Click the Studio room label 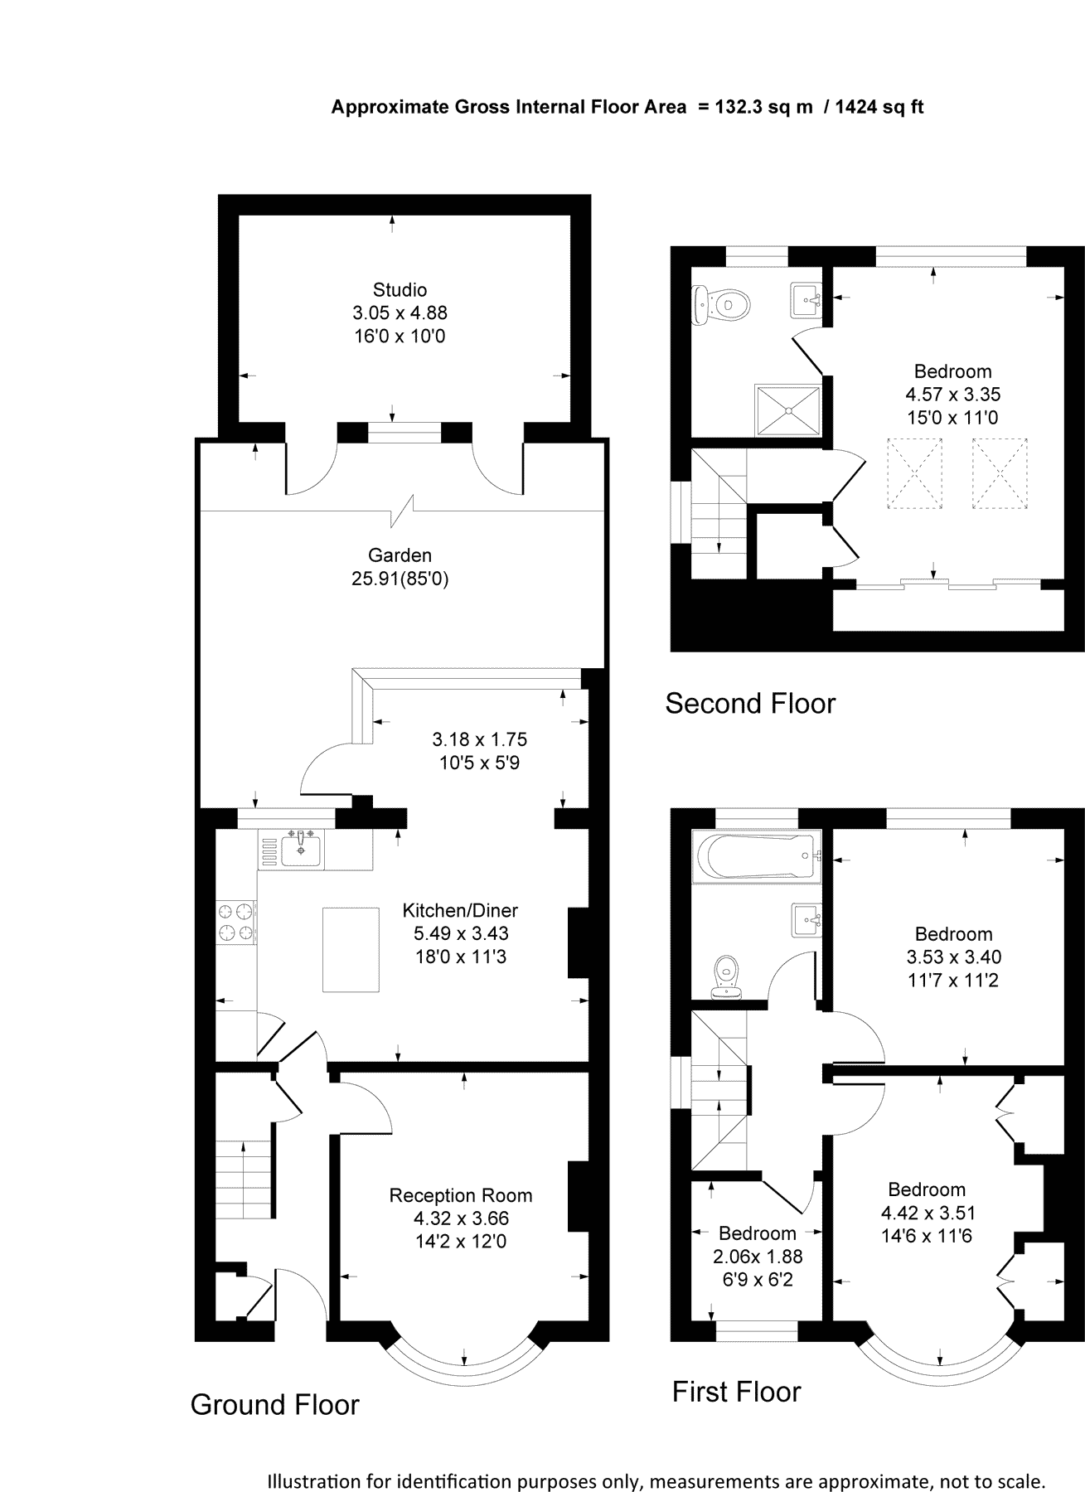pyautogui.click(x=400, y=290)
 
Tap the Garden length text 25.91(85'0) pyautogui.click(x=400, y=579)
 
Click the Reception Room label pyautogui.click(x=461, y=1195)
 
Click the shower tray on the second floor pyautogui.click(x=787, y=409)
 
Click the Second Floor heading pyautogui.click(x=750, y=704)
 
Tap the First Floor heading pyautogui.click(x=736, y=1392)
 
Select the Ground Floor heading pyautogui.click(x=274, y=1404)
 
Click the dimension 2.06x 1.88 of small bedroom pyautogui.click(x=758, y=1257)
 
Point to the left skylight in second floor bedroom pyautogui.click(x=915, y=472)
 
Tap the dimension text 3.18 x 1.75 pyautogui.click(x=479, y=739)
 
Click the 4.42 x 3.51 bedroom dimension pyautogui.click(x=928, y=1213)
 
